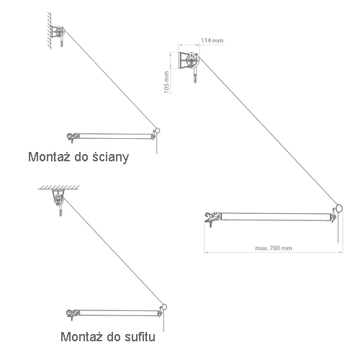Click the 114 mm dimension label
[212, 40]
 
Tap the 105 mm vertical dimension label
[166, 82]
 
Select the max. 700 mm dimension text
[274, 248]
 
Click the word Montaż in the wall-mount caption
[49, 157]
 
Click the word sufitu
[140, 336]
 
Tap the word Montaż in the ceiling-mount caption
[81, 336]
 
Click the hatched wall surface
[49, 31]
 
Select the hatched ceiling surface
[59, 187]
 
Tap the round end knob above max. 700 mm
[339, 208]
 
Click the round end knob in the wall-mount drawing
[157, 131]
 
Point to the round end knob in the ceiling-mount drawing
[164, 307]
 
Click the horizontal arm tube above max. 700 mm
[276, 217]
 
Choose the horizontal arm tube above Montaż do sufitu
[119, 313]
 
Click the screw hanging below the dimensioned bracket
[195, 75]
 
